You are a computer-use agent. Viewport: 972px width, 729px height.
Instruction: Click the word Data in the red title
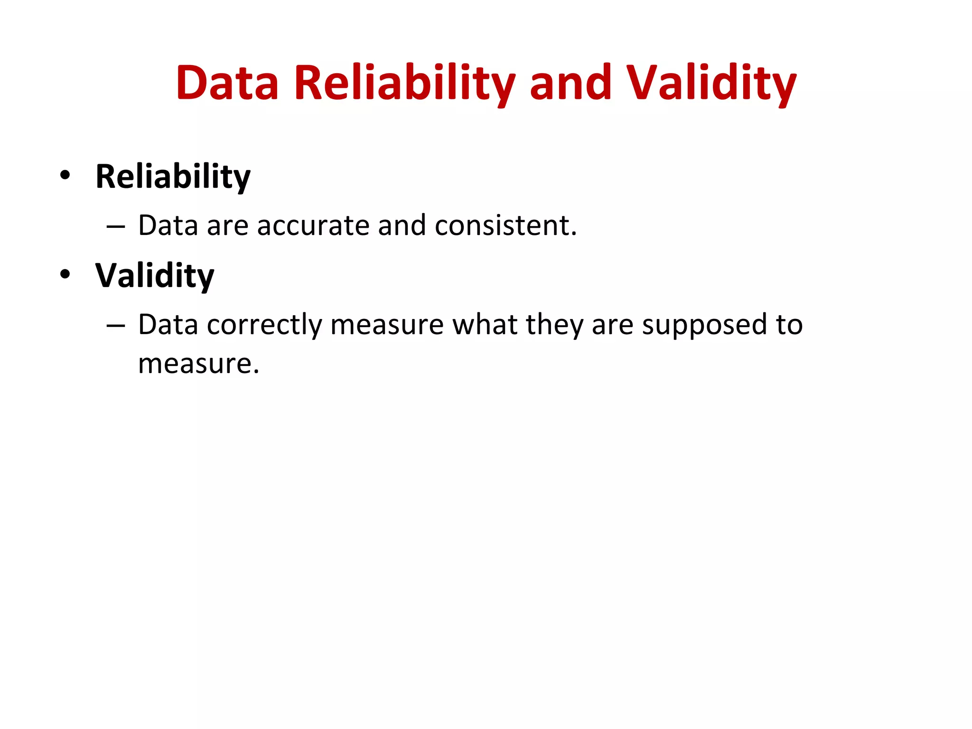coord(227,84)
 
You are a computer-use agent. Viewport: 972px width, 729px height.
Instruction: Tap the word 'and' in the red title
coord(570,84)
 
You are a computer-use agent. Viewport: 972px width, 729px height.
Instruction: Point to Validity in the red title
coord(711,84)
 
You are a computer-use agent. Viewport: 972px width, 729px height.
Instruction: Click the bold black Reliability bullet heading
coord(173,177)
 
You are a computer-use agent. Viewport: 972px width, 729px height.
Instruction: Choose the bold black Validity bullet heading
coord(155,276)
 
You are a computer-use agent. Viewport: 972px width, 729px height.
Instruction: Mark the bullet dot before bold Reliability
coord(65,175)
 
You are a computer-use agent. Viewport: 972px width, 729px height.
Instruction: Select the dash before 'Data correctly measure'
coord(116,327)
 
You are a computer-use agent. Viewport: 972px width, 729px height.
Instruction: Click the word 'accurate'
coord(313,225)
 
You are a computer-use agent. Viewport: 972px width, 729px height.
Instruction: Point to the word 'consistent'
coord(505,225)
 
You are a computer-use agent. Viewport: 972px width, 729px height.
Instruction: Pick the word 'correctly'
coord(264,326)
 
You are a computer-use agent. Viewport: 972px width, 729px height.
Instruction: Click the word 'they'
coord(554,326)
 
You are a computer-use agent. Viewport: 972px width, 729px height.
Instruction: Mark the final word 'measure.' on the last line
coord(198,364)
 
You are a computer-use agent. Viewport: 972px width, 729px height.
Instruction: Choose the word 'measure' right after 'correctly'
coord(387,326)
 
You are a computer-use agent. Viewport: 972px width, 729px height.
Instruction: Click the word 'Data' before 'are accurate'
coord(168,225)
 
